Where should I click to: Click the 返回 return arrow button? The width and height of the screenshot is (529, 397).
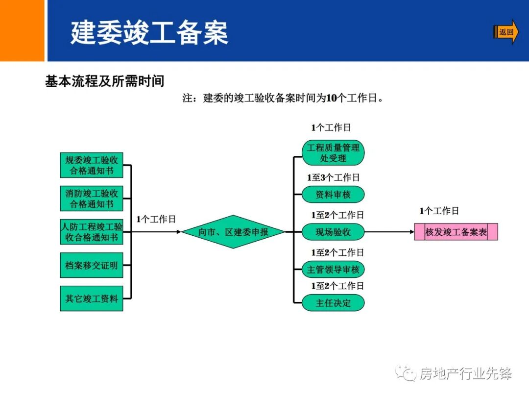tap(505, 32)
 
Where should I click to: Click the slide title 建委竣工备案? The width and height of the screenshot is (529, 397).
tap(149, 33)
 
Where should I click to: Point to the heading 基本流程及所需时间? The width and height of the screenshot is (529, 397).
tap(105, 81)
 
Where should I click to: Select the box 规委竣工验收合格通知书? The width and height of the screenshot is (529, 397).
tap(92, 165)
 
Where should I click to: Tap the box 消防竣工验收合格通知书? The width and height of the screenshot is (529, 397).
tap(92, 198)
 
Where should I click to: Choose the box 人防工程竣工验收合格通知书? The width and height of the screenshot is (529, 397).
tap(92, 232)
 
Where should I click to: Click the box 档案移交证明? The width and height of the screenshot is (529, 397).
tap(92, 266)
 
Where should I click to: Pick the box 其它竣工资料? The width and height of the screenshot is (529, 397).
tap(92, 298)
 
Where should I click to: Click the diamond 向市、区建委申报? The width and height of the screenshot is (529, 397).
tap(233, 232)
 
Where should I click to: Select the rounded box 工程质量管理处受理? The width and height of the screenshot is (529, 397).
tap(333, 152)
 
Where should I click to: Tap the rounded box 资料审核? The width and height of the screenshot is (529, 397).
tap(333, 195)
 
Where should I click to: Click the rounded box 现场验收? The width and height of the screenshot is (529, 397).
tap(333, 232)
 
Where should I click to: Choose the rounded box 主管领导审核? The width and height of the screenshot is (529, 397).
tap(333, 270)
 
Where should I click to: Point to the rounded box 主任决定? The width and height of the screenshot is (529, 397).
tap(333, 303)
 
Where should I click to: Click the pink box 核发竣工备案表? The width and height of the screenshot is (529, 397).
tap(456, 232)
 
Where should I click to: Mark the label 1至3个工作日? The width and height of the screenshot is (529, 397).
tap(333, 177)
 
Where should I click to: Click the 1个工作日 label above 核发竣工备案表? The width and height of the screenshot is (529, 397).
tap(439, 211)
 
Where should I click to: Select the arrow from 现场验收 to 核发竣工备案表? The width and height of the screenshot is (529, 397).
tap(389, 232)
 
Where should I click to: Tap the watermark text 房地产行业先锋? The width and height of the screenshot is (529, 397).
tap(465, 374)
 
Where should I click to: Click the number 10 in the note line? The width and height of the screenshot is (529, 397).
tap(331, 98)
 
